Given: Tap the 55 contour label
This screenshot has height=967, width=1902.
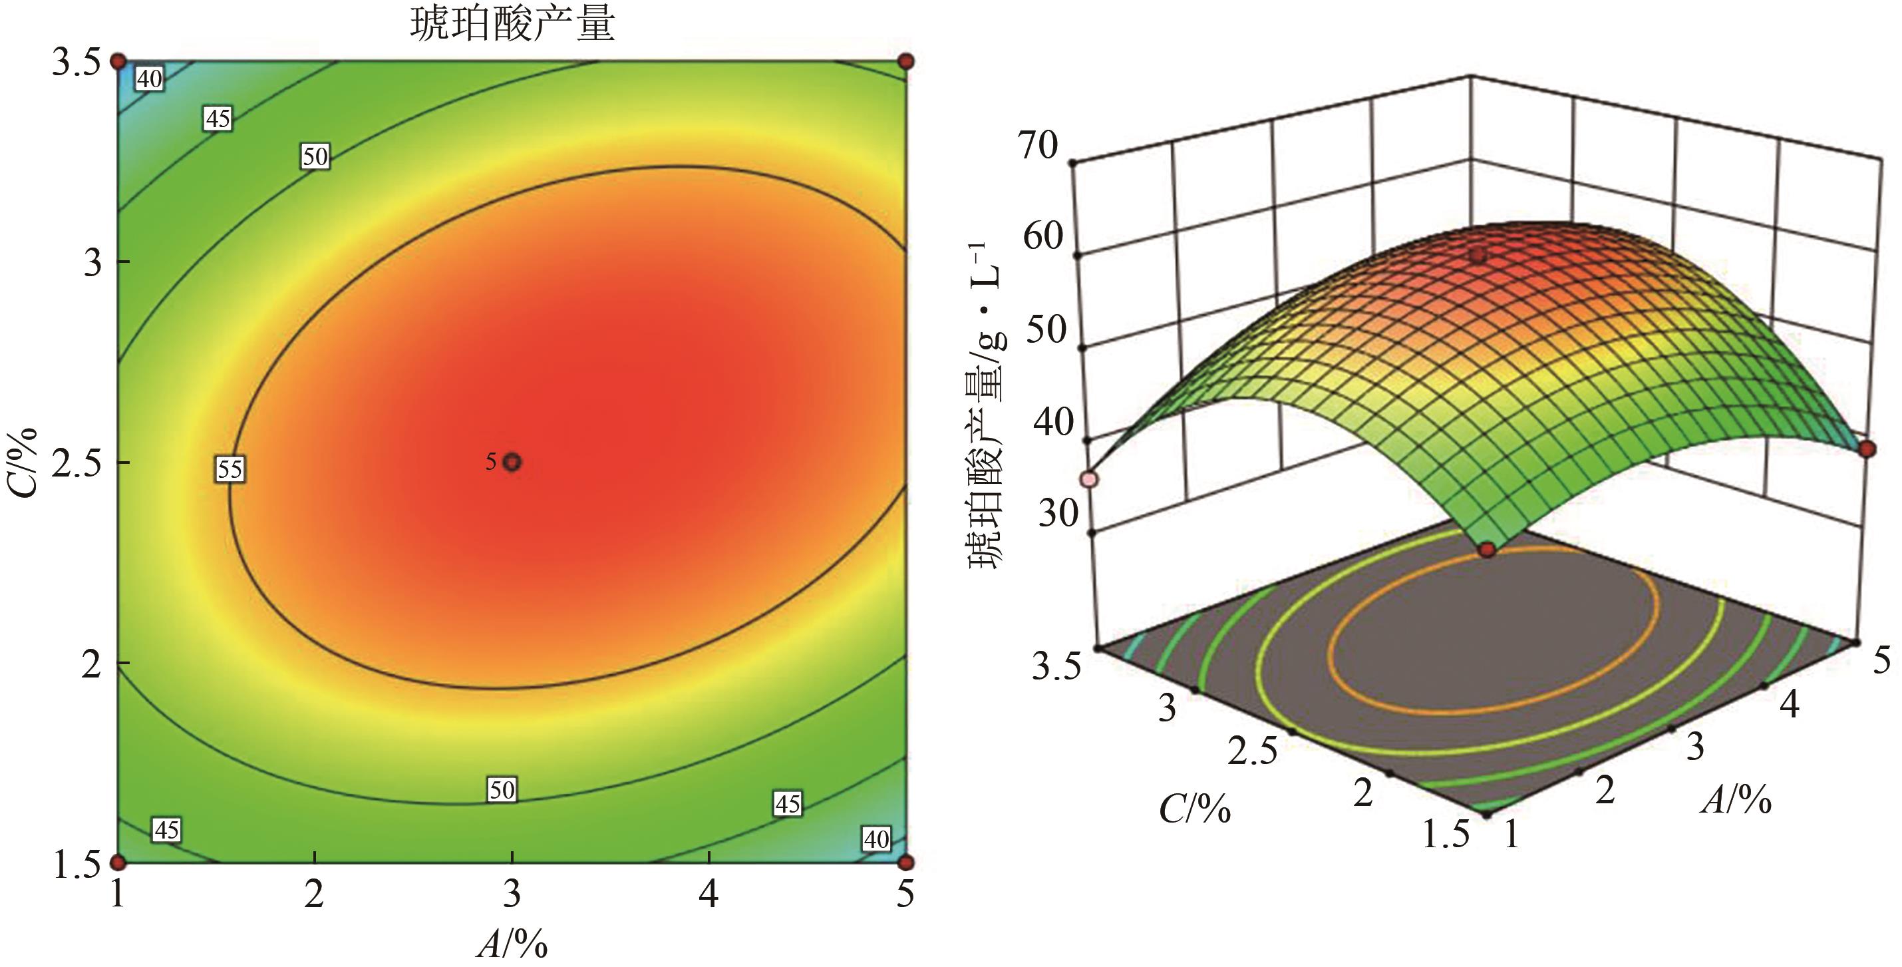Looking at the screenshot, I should pos(230,469).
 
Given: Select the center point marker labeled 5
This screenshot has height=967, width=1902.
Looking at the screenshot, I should pos(512,463).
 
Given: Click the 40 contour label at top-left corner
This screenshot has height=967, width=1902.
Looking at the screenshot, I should pos(150,79).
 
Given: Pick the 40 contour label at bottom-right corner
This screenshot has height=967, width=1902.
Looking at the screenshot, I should pos(876,839).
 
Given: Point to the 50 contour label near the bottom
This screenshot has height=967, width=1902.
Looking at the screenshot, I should pos(502,790).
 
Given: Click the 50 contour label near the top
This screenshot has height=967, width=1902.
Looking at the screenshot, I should pos(315,156).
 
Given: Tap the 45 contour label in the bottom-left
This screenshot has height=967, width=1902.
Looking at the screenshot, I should pos(166,830).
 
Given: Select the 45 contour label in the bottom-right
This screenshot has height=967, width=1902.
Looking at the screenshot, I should pos(787,803).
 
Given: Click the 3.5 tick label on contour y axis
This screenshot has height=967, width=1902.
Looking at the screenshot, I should pos(76,63).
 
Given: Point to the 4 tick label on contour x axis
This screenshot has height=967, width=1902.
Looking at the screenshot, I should pos(709,894).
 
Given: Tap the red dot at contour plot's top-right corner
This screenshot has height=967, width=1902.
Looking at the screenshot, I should pos(906,61).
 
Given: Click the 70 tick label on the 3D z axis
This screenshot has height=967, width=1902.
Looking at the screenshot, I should pos(1038,146).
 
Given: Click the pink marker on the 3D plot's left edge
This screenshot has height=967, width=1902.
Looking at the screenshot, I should pos(1090,479).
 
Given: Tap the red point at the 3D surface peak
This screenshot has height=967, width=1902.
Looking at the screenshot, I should pos(1478,256).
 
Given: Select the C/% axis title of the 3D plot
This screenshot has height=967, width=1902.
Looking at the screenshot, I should pos(1195,809).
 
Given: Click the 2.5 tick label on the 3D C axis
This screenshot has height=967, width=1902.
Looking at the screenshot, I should pos(1252,751).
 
